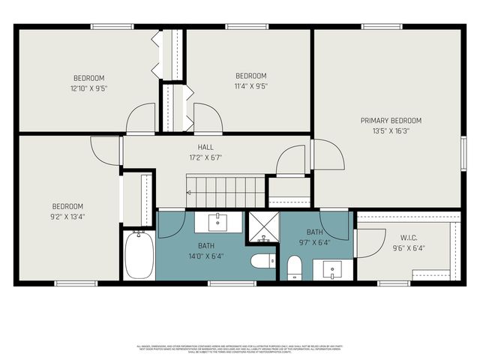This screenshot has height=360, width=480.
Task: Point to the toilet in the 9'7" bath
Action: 294,265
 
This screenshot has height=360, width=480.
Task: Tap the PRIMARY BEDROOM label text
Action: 391,120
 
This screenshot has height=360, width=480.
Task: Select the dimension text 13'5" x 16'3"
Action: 391,130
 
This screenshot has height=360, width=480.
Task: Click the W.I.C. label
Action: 407,238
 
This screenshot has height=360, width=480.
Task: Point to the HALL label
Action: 205,148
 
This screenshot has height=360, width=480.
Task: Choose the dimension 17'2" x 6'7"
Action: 205,158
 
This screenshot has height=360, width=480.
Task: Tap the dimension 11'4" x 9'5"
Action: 251,86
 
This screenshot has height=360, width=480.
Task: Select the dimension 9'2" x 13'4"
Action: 67,217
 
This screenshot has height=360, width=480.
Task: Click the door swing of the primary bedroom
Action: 328,154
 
